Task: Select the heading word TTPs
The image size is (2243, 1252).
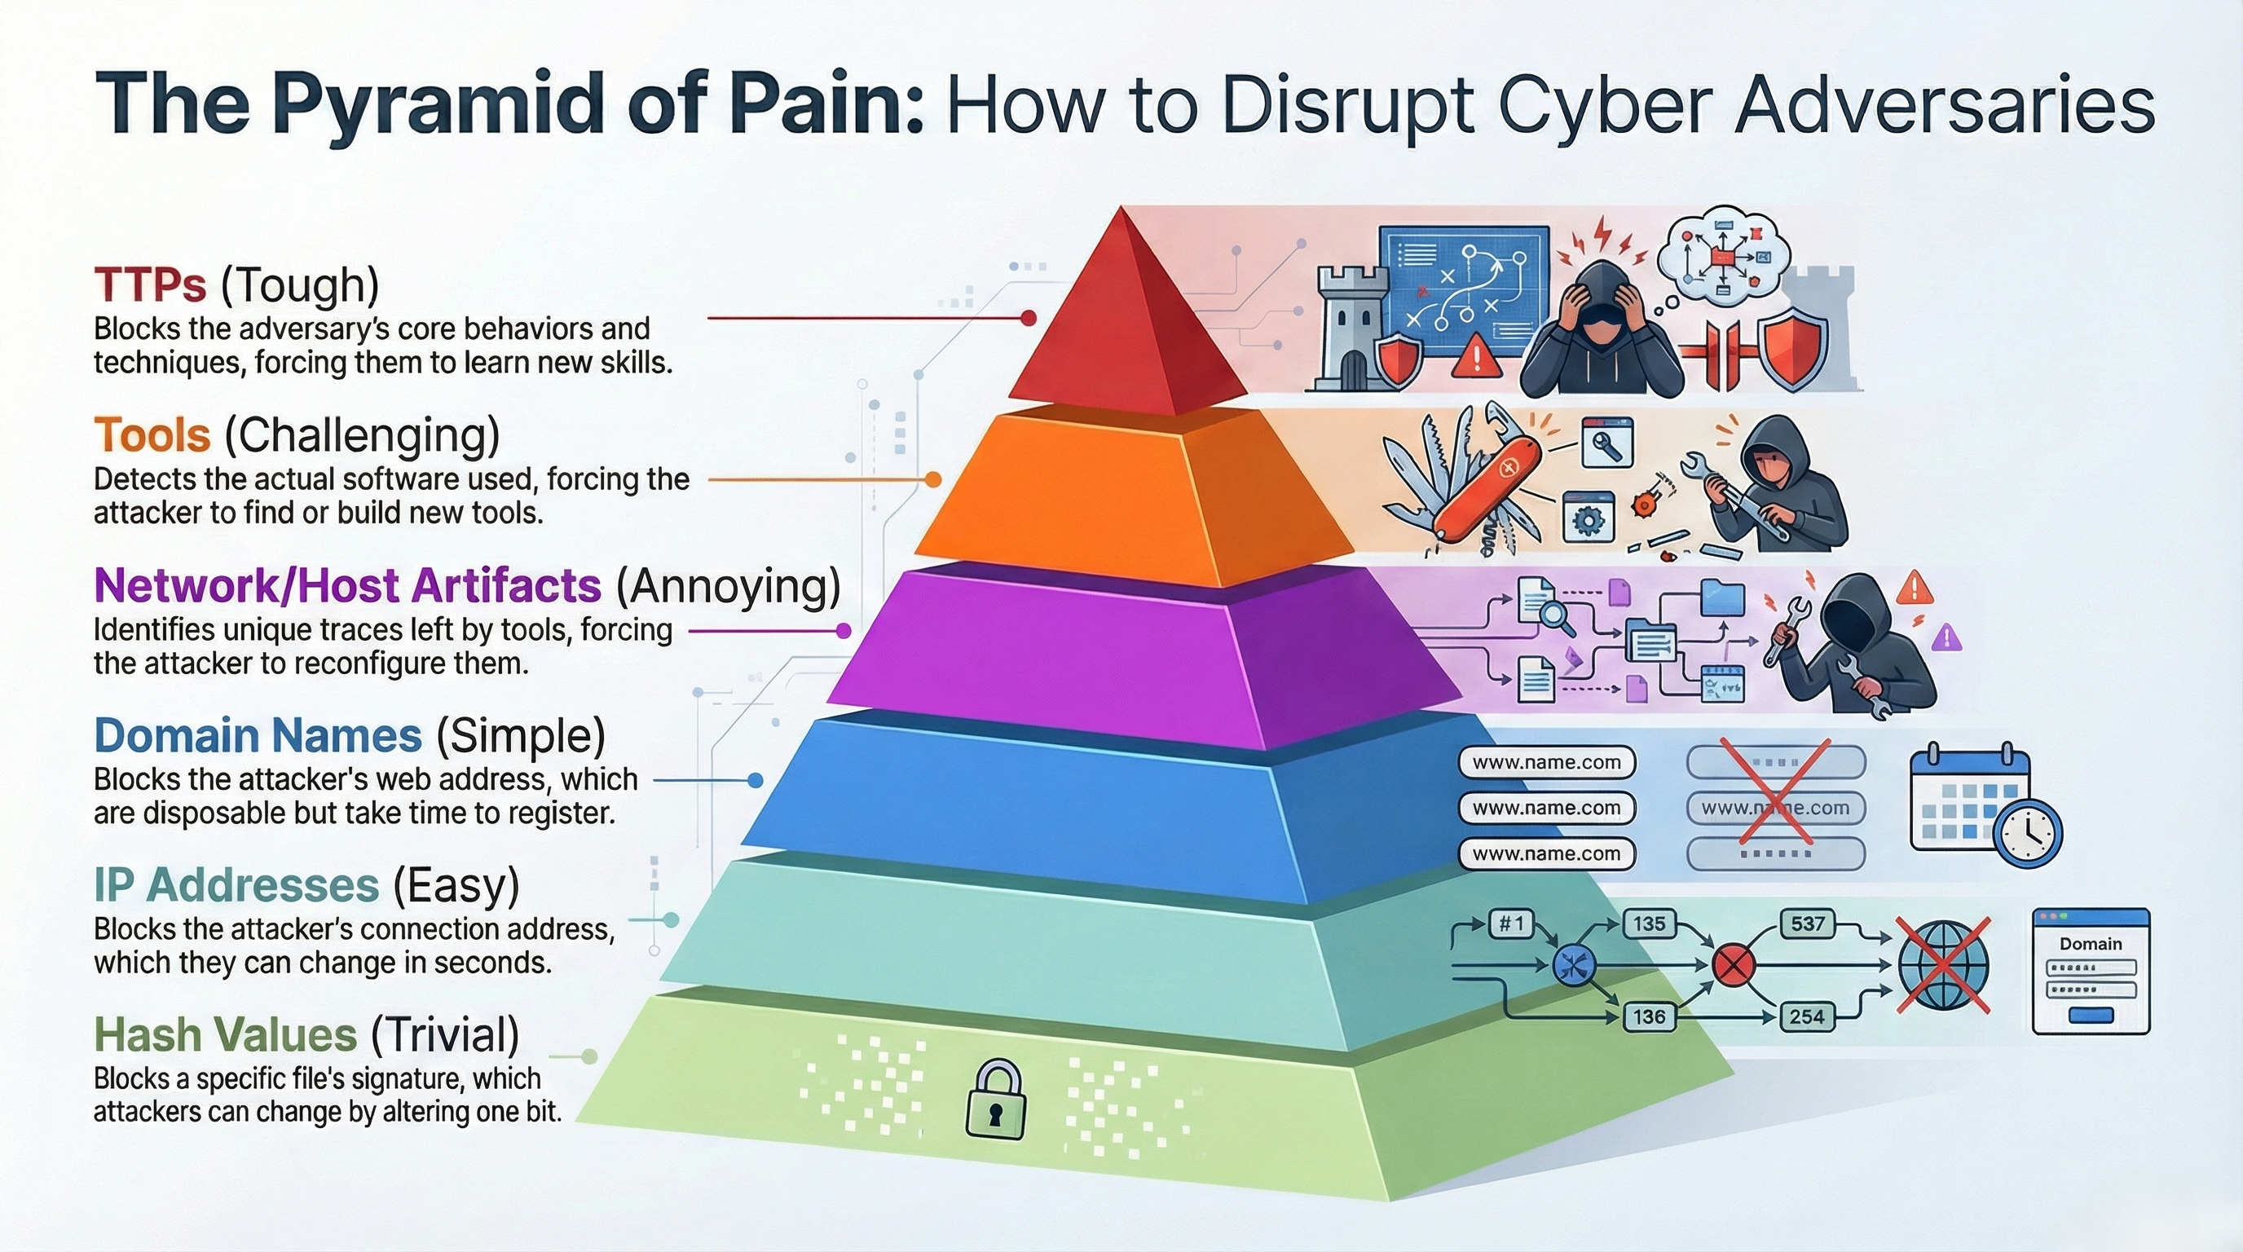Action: [150, 284]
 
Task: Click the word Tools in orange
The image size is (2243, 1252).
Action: [152, 434]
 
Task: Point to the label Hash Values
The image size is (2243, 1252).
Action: [225, 1035]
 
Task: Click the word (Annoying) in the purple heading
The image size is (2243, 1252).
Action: [728, 586]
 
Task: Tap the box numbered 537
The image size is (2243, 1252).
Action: [1807, 924]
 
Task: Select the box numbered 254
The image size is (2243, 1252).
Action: [1807, 1016]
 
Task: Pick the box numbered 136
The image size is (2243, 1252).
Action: [1649, 1016]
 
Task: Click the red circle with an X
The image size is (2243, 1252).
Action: [1733, 966]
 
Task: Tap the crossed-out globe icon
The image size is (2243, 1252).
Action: [1943, 966]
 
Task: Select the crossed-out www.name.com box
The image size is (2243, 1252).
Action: [1775, 808]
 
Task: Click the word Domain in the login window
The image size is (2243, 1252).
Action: [2090, 944]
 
